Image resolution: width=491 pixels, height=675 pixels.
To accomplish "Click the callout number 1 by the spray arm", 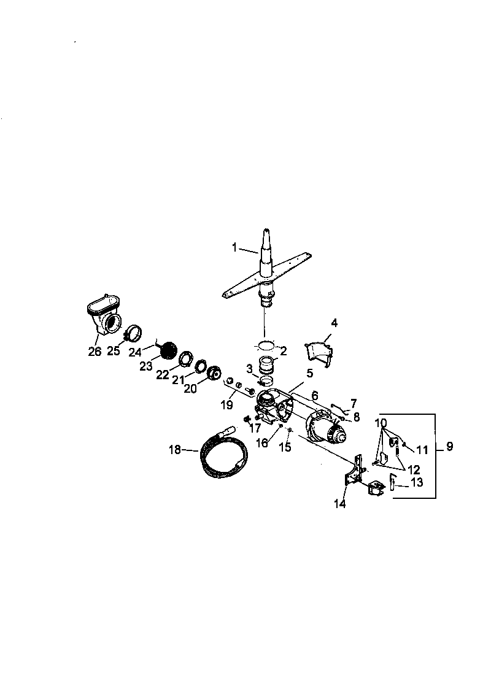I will pos(234,247).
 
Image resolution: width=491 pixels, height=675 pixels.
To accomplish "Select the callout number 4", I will pos(334,323).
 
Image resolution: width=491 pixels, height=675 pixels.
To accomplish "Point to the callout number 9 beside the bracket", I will pos(449,446).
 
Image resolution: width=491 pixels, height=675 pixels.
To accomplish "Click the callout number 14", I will pos(339,504).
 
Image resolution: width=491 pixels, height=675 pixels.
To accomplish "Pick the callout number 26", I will pos(94,351).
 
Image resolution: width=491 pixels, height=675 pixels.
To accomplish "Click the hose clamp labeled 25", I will pos(134,334).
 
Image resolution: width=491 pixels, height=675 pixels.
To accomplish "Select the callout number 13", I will pos(417,483).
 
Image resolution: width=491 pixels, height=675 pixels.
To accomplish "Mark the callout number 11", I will pos(422,450).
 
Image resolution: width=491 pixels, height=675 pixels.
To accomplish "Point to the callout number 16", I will pos(262,443).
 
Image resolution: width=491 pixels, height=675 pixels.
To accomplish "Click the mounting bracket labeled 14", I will pos(354,476).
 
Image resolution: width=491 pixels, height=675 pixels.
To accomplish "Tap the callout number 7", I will pos(353,403).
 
